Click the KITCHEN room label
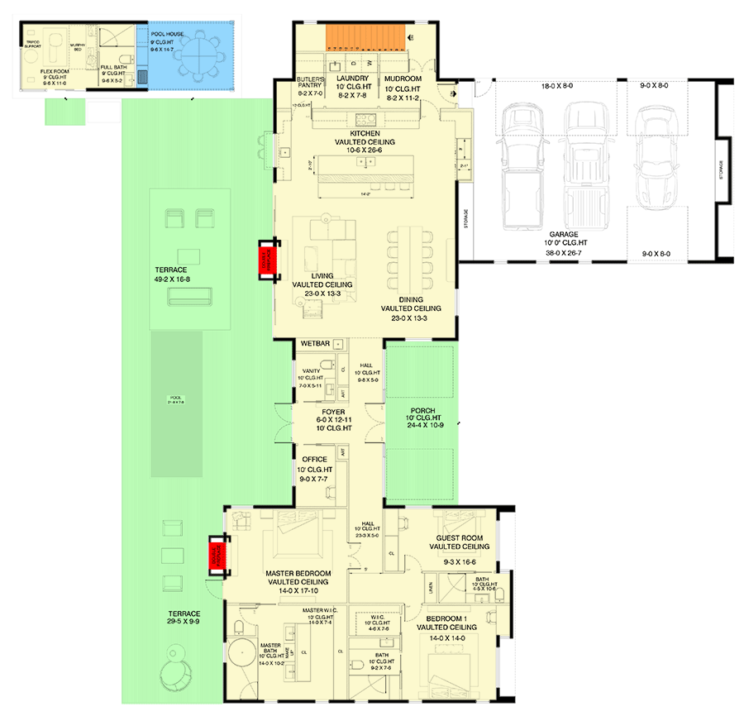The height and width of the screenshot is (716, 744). pyautogui.click(x=365, y=133)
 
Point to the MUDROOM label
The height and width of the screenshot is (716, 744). pyautogui.click(x=403, y=79)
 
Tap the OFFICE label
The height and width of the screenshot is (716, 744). pyautogui.click(x=314, y=460)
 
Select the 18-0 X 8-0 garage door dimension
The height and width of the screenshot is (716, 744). pyautogui.click(x=556, y=86)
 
